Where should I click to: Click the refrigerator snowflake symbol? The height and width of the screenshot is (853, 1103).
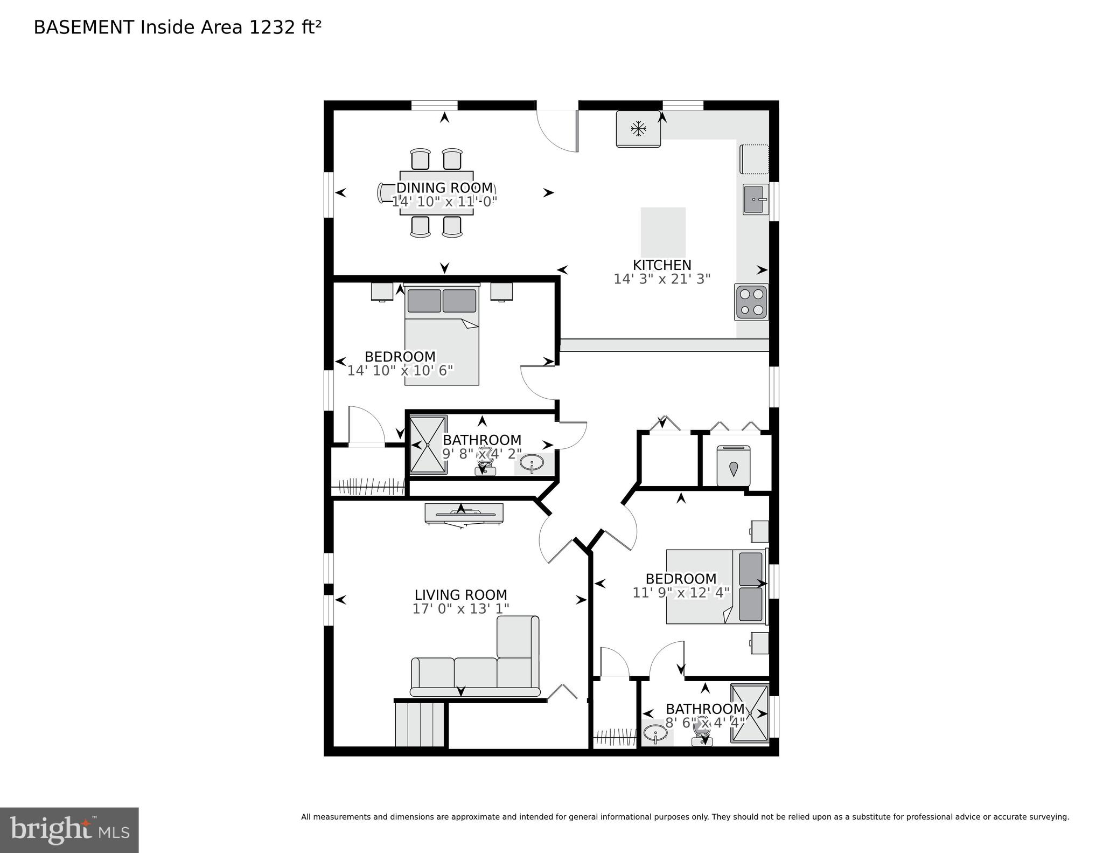pyautogui.click(x=639, y=129)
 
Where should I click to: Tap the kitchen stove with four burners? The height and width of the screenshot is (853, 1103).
pyautogui.click(x=752, y=302)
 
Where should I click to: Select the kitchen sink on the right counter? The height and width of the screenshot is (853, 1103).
pyautogui.click(x=756, y=199)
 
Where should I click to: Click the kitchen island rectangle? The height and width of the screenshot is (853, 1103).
pyautogui.click(x=663, y=232)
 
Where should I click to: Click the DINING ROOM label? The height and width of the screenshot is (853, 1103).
pyautogui.click(x=444, y=188)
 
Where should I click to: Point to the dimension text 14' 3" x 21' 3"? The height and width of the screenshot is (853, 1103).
pyautogui.click(x=662, y=279)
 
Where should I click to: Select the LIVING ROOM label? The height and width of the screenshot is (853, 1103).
pyautogui.click(x=460, y=595)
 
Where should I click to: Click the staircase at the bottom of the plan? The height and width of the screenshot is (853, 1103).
pyautogui.click(x=420, y=725)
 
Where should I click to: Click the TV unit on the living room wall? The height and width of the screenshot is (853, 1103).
pyautogui.click(x=464, y=514)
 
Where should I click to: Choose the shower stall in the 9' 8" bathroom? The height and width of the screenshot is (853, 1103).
pyautogui.click(x=428, y=445)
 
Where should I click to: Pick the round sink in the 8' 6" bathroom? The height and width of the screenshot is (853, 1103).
pyautogui.click(x=655, y=733)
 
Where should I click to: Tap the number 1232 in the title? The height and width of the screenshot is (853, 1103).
pyautogui.click(x=272, y=27)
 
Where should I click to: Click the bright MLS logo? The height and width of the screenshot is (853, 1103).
pyautogui.click(x=69, y=830)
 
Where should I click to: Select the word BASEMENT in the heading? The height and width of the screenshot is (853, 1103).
pyautogui.click(x=83, y=27)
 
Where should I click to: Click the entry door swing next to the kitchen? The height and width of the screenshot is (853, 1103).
pyautogui.click(x=557, y=131)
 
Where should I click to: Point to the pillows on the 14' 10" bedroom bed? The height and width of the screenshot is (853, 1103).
pyautogui.click(x=442, y=301)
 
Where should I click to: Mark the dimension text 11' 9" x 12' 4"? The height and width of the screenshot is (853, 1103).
pyautogui.click(x=681, y=593)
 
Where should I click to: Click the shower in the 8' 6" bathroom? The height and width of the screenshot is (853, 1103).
pyautogui.click(x=749, y=713)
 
